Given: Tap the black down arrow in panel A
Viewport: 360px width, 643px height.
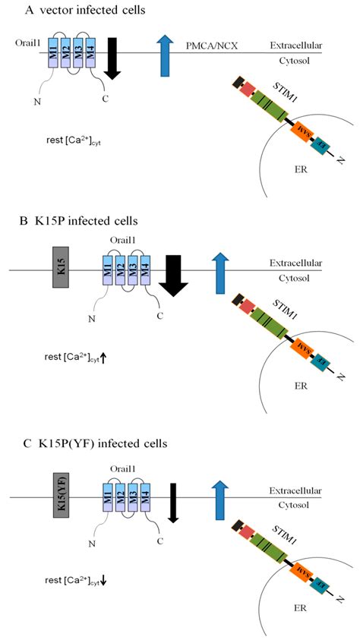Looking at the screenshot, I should [112, 56].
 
